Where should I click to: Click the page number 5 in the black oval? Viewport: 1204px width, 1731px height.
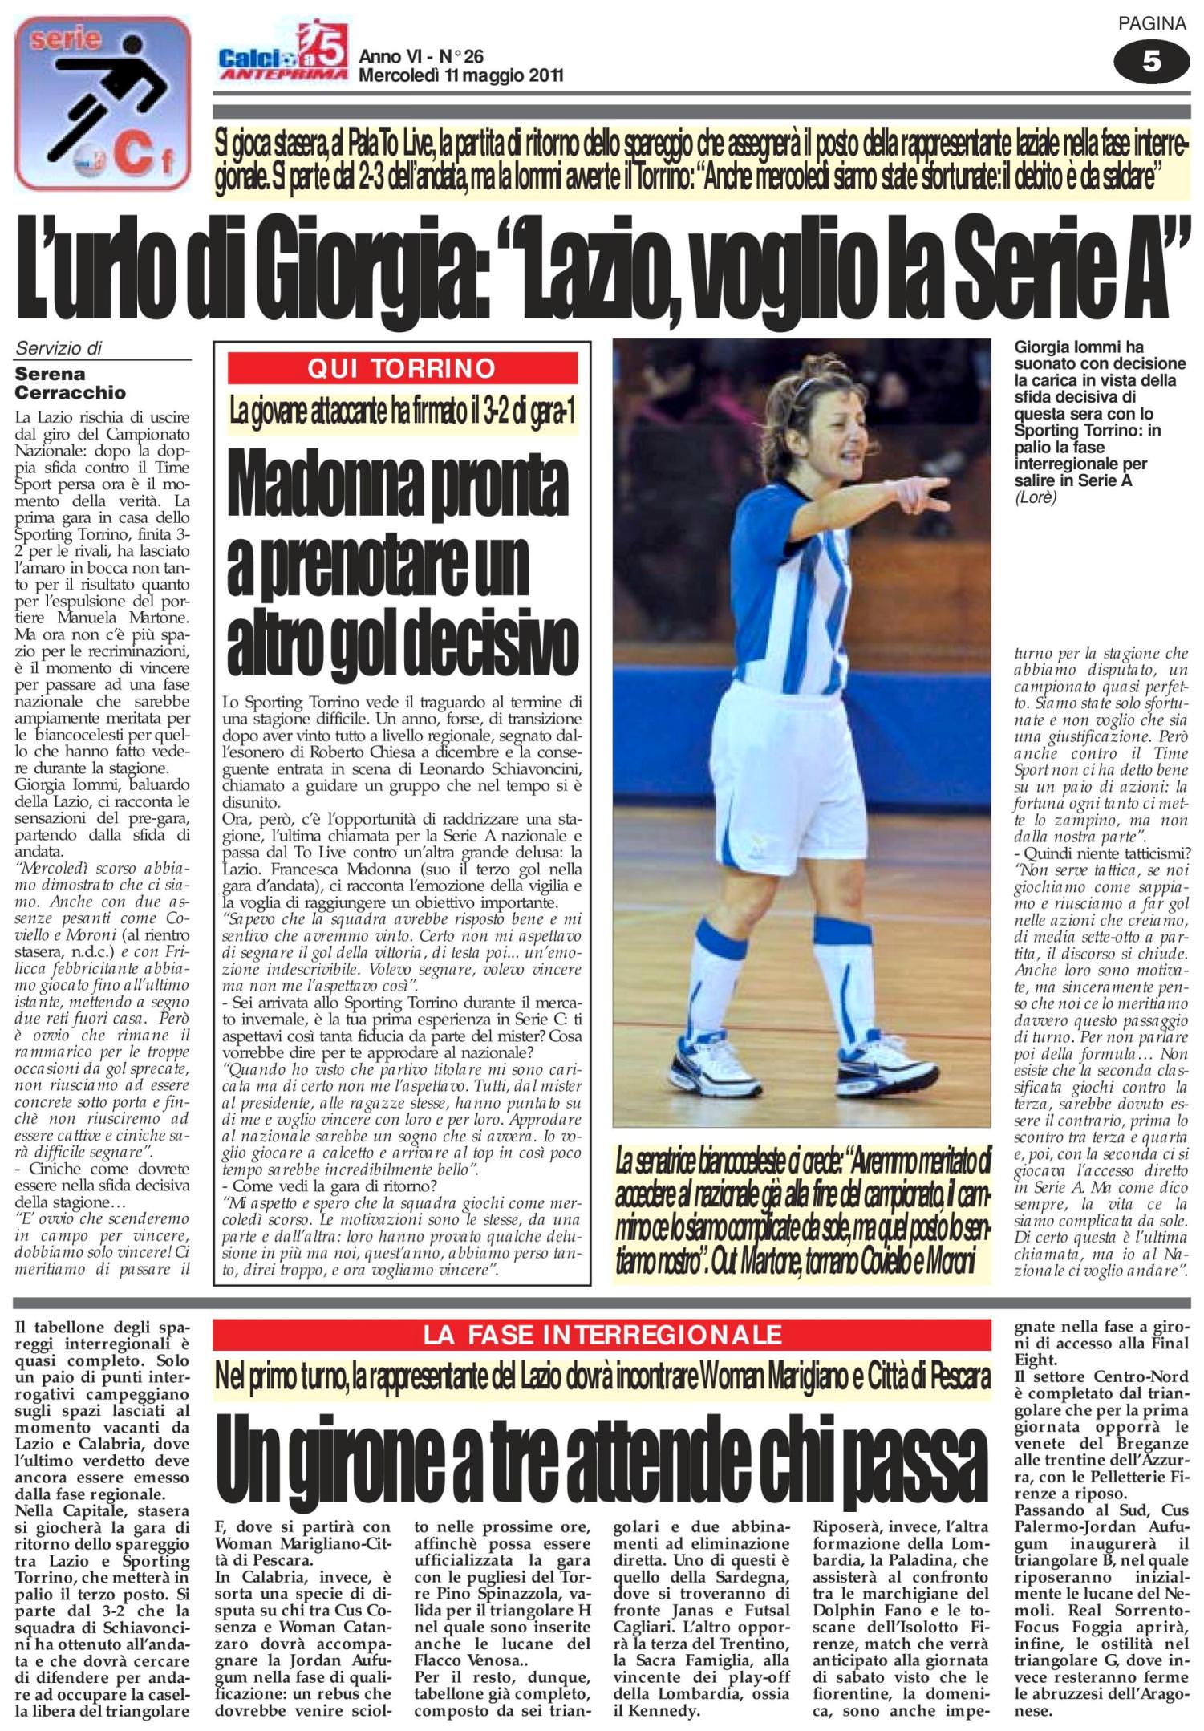(x=1151, y=61)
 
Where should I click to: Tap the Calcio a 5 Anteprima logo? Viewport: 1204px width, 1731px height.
(x=283, y=55)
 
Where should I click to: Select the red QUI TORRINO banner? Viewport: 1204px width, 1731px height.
(x=403, y=368)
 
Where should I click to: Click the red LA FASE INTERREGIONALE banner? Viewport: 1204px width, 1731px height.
(x=602, y=1335)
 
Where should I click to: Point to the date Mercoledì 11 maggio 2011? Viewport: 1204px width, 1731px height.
(x=460, y=76)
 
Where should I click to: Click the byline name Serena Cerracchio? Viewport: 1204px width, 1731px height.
(x=70, y=383)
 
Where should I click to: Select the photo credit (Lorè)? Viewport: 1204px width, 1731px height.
(x=1036, y=497)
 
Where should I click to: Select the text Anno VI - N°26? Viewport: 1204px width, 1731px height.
(x=421, y=56)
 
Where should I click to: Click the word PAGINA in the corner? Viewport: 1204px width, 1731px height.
(x=1152, y=24)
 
